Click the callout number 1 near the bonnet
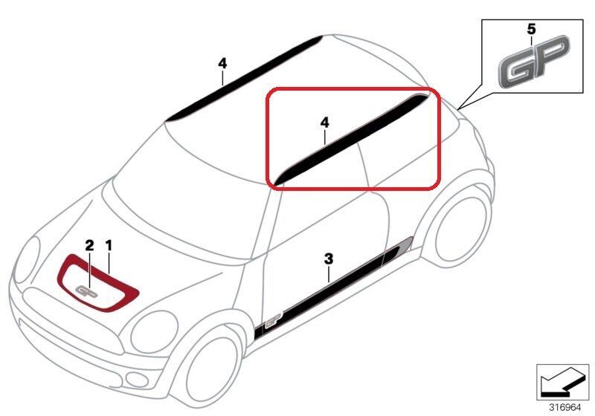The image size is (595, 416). (109, 245)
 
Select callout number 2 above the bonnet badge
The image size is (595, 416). (89, 245)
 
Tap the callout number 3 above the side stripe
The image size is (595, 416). (329, 259)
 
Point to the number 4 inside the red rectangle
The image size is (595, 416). (325, 123)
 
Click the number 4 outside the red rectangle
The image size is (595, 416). (222, 64)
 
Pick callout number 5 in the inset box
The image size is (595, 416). (531, 29)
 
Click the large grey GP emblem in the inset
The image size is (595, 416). (534, 62)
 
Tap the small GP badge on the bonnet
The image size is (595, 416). (87, 290)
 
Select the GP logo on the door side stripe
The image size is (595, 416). (273, 319)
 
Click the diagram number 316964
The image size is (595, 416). (565, 408)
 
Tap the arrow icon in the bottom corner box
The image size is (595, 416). (563, 382)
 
